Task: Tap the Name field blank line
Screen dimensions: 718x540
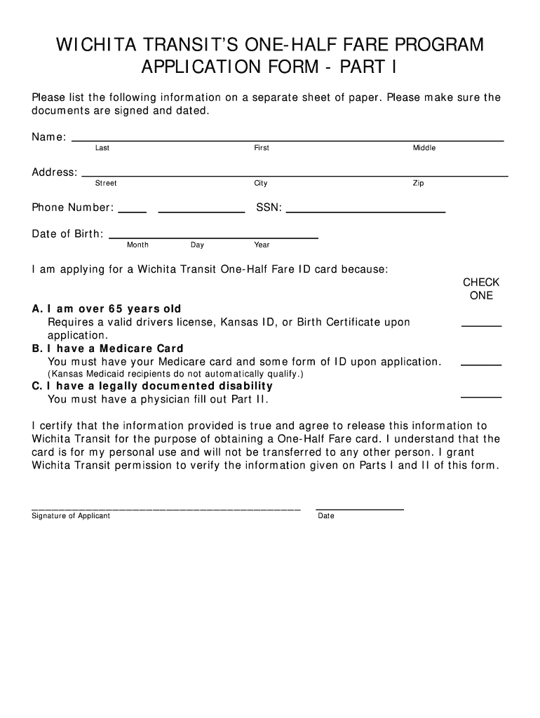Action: [288, 140]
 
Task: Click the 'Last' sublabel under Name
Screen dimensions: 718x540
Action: [102, 148]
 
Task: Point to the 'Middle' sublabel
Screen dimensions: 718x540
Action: [424, 148]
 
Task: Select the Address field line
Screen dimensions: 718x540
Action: [295, 175]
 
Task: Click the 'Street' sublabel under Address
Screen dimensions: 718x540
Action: [106, 183]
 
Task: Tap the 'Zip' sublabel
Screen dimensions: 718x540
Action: [418, 183]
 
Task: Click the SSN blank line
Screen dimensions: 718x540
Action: [365, 210]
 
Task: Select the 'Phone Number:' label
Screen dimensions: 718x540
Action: [72, 208]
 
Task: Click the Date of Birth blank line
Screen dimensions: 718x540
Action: [214, 237]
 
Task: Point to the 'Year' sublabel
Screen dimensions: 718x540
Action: [262, 245]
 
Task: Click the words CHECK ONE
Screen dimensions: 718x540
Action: [481, 289]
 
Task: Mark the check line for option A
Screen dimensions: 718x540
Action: [481, 325]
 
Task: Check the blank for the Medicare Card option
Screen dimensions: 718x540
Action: [481, 365]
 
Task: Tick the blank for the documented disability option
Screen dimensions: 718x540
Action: [481, 397]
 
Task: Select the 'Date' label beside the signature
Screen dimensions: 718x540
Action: [326, 516]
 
